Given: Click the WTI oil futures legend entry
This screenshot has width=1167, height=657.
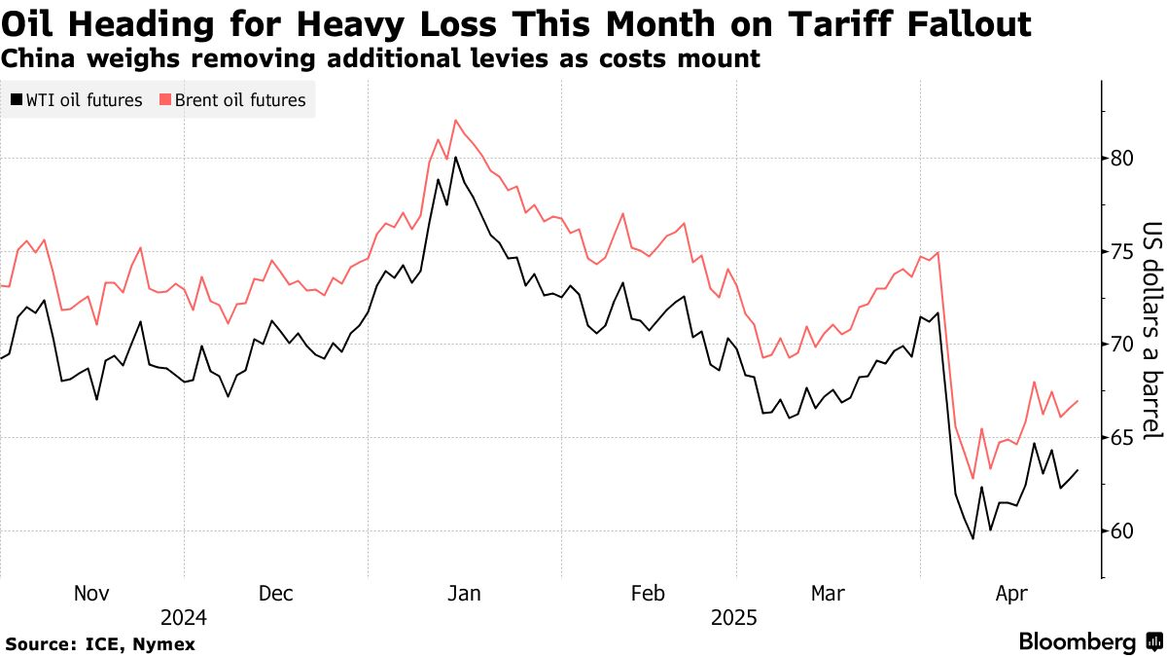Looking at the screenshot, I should coord(77,99).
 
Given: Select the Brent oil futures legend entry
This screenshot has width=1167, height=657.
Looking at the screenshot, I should coord(232,99).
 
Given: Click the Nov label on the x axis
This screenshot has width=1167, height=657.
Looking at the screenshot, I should coord(92,594).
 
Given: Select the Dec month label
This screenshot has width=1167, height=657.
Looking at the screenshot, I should coord(275,594).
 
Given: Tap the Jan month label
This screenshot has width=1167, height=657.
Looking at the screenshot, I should coord(464,594).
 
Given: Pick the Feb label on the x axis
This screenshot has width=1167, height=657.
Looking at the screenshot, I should coord(648,594).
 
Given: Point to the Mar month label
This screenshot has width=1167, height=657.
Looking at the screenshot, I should coord(828,594).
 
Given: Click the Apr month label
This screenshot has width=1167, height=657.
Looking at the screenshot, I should coord(1011,594).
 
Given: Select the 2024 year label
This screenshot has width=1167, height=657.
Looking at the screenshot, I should coord(184,618).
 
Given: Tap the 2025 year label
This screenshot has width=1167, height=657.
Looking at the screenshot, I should coord(736,618).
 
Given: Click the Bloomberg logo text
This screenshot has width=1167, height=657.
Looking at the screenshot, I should coord(1078,642).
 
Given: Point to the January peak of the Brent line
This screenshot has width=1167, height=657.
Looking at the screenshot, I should coord(455,120).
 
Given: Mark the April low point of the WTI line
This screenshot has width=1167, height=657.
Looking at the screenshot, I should coord(972,538).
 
